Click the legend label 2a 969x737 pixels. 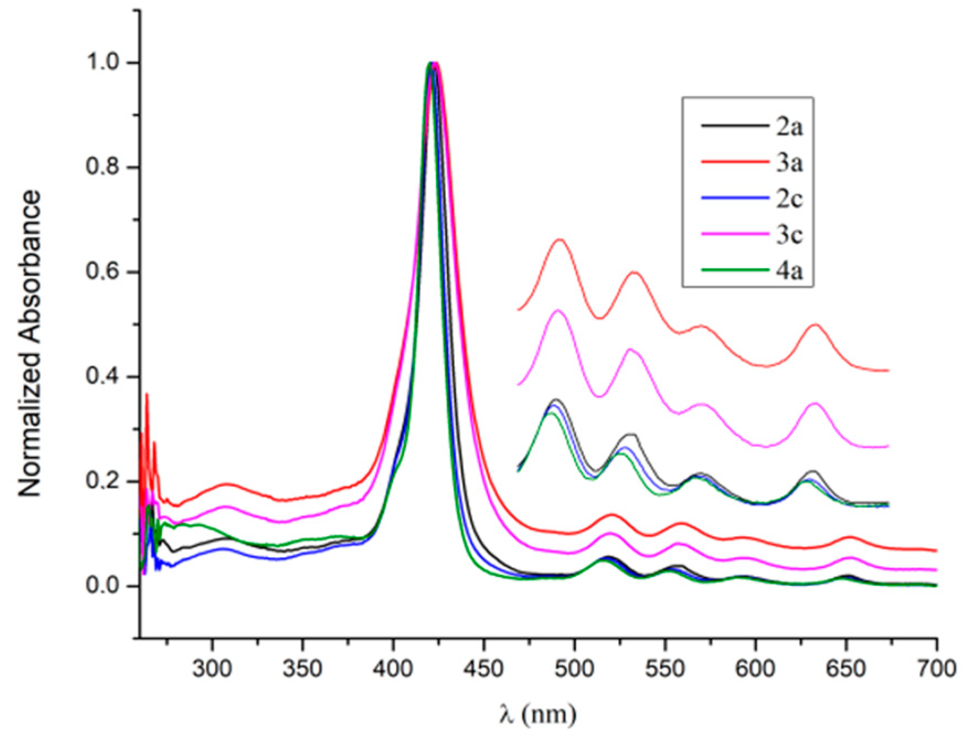786,127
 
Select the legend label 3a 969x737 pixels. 786,163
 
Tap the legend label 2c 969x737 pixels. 786,199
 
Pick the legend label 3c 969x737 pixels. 786,234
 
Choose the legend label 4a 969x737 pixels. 786,270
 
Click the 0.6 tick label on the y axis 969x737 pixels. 104,273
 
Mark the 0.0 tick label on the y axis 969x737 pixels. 104,586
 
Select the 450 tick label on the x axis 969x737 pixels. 483,669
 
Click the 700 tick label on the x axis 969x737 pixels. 936,669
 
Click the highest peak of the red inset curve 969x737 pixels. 560,239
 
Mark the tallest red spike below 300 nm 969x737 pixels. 147,394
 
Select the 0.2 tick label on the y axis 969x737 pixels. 104,482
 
